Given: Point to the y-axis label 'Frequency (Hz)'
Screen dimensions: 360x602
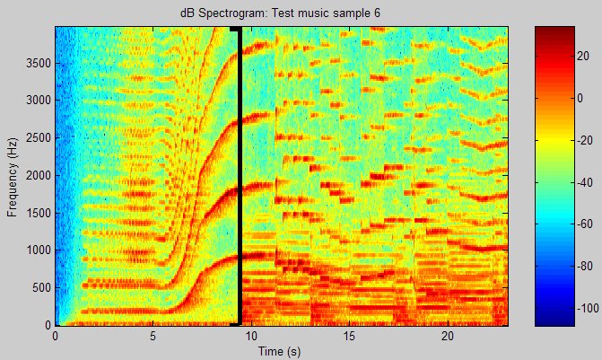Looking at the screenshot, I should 13,175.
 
